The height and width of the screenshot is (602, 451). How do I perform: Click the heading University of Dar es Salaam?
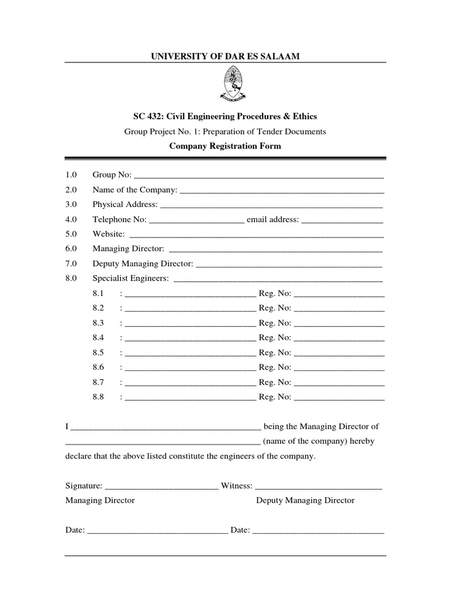[225, 56]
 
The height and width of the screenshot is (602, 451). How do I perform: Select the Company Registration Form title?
[225, 146]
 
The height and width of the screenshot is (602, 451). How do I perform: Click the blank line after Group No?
[259, 175]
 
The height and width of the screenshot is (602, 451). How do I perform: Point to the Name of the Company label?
[134, 190]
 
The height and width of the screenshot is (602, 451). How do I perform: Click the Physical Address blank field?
[271, 205]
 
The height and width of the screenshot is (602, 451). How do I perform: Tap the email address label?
[273, 219]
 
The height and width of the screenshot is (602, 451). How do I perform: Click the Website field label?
[108, 234]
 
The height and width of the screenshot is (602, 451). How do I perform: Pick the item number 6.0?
[72, 249]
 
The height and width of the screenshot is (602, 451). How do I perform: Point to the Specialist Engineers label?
[130, 278]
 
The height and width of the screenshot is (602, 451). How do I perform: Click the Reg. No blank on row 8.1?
[339, 293]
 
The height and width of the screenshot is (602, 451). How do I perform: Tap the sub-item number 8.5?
[98, 352]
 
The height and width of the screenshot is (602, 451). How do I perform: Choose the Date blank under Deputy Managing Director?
[318, 530]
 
